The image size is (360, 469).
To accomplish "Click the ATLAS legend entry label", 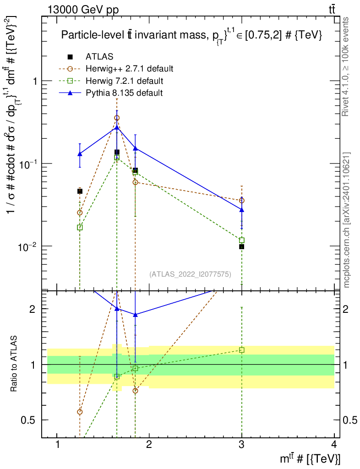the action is [x=99, y=56].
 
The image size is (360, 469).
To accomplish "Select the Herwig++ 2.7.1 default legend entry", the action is [x=130, y=69].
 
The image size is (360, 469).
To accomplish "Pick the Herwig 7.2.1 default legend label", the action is [x=125, y=81].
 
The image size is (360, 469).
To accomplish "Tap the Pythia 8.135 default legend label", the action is [x=124, y=93].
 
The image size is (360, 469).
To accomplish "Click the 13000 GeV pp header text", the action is [x=83, y=10].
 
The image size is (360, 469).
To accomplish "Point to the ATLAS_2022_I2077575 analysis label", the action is [x=190, y=274].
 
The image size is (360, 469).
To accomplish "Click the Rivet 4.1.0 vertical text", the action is [x=345, y=67].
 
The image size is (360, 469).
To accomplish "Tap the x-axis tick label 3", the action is [x=241, y=445].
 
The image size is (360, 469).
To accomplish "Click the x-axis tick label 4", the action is [x=334, y=445].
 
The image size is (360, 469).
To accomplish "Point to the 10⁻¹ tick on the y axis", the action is [x=26, y=164].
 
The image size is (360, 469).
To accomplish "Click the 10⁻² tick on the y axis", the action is [x=26, y=246].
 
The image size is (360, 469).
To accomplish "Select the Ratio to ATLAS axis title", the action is [x=13, y=363].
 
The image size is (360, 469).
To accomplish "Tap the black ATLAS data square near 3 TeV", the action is [x=241, y=247].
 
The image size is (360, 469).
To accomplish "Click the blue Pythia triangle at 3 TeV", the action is [x=241, y=210].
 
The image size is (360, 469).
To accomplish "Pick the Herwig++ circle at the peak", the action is [x=117, y=118].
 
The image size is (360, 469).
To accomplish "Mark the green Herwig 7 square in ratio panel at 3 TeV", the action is [x=241, y=350].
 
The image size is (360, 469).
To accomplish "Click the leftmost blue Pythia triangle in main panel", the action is [x=80, y=154].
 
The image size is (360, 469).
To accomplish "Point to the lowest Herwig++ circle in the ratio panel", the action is [x=80, y=412].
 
